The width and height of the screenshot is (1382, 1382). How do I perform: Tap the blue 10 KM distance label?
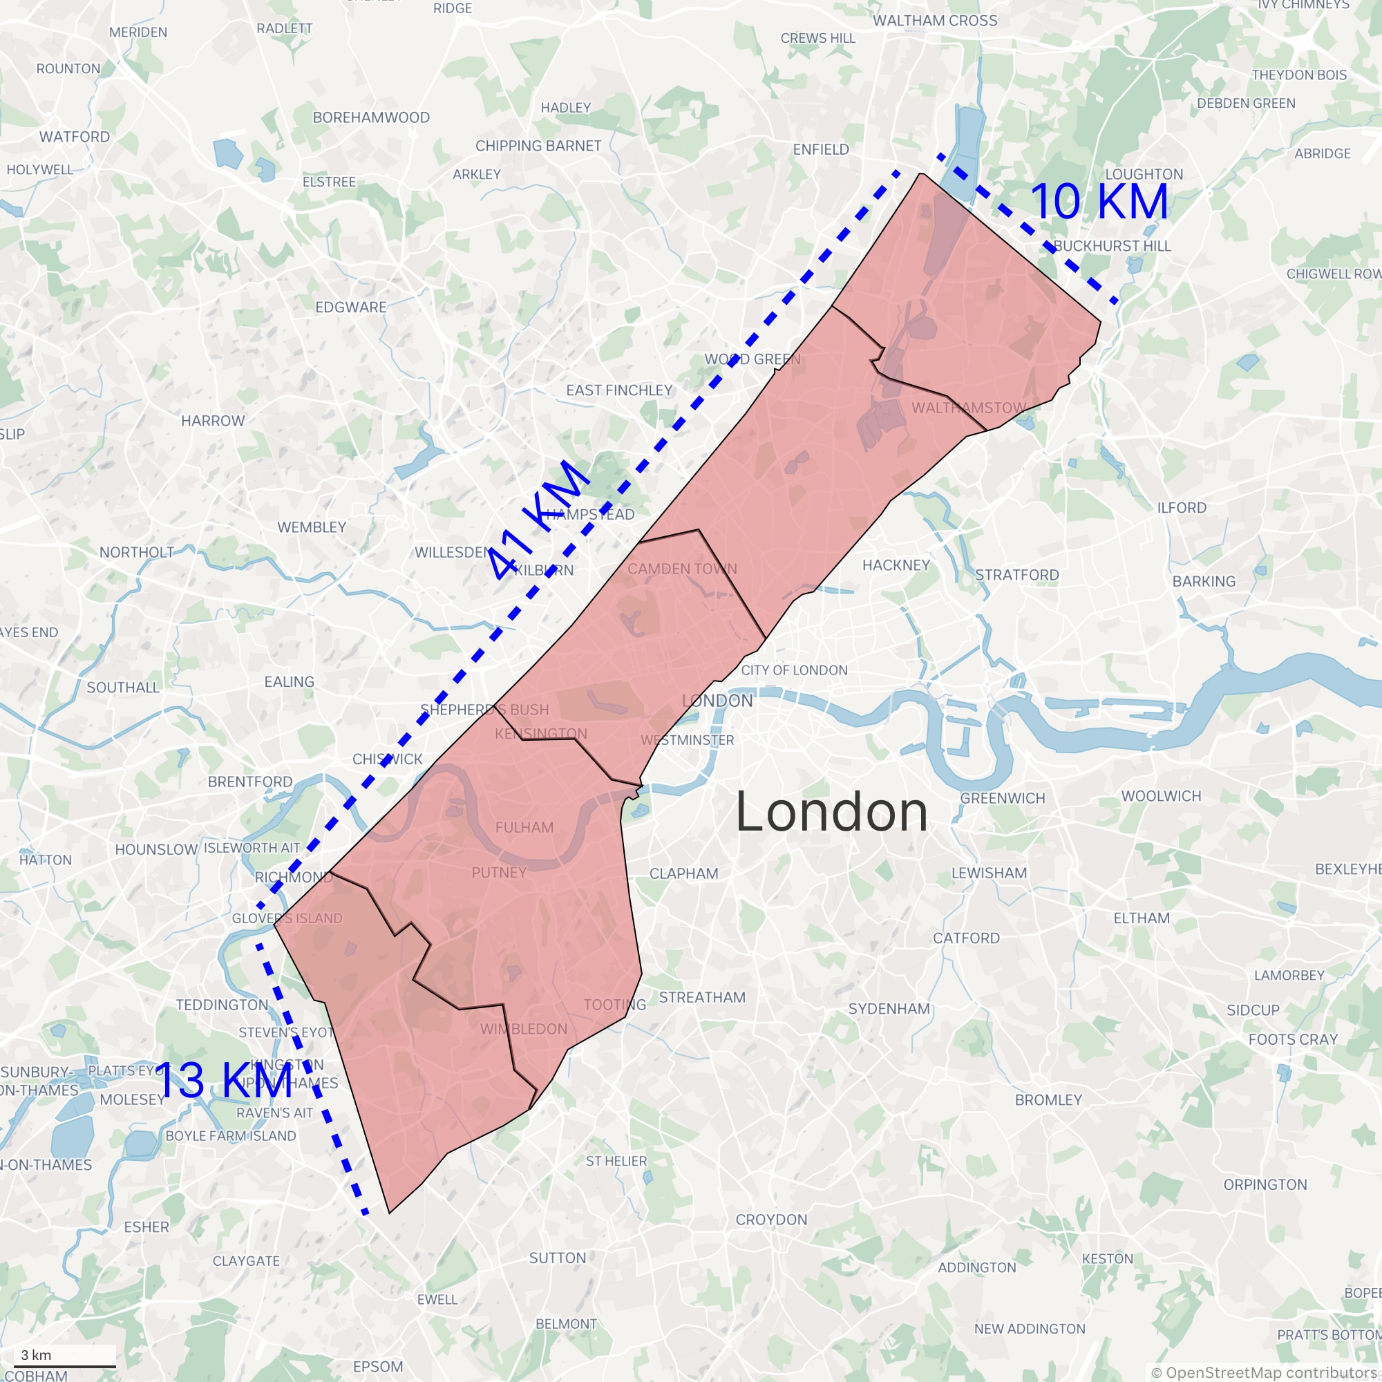pyautogui.click(x=1099, y=202)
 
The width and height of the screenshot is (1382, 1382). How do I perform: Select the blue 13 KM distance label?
pyautogui.click(x=223, y=1080)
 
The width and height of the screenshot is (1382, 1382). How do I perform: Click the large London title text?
pyautogui.click(x=832, y=812)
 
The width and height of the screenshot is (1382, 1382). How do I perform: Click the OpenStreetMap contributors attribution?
pyautogui.click(x=1265, y=1372)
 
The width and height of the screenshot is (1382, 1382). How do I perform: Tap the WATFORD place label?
pyautogui.click(x=75, y=137)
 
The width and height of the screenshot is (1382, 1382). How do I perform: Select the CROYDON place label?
pyautogui.click(x=771, y=1220)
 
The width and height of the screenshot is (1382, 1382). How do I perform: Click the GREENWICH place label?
pyautogui.click(x=1002, y=798)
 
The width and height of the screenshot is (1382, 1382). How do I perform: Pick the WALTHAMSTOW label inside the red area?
pyautogui.click(x=969, y=408)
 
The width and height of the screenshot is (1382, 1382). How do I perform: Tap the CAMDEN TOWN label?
pyautogui.click(x=682, y=569)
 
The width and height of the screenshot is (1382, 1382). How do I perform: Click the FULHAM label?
pyautogui.click(x=524, y=828)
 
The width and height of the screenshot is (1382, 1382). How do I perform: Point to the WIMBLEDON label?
pyautogui.click(x=524, y=1030)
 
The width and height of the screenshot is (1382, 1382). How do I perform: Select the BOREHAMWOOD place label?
pyautogui.click(x=371, y=117)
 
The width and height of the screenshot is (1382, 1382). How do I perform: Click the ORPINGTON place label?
pyautogui.click(x=1265, y=1184)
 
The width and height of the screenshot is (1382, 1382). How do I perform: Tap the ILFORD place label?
pyautogui.click(x=1182, y=508)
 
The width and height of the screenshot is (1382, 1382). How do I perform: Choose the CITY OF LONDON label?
pyautogui.click(x=794, y=670)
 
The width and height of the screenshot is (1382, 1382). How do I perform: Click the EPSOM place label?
pyautogui.click(x=378, y=1366)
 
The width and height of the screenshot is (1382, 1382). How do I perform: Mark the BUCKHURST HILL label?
pyautogui.click(x=1112, y=246)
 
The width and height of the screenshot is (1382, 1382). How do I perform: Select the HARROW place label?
pyautogui.click(x=212, y=421)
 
